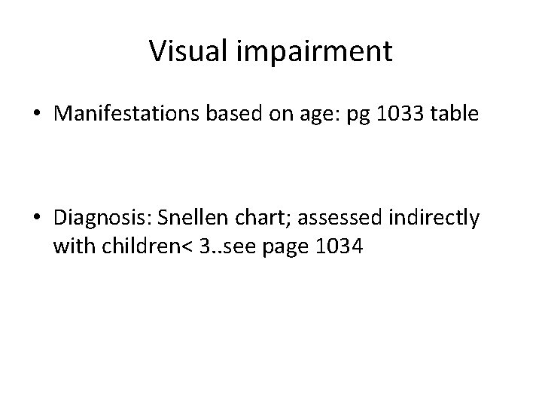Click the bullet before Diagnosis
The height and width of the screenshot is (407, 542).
(x=35, y=219)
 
